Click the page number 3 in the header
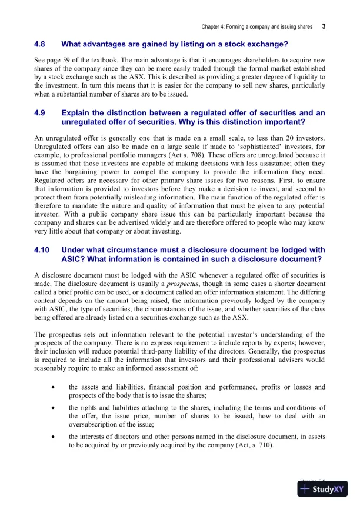click(x=324, y=27)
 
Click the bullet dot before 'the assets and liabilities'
click(x=54, y=387)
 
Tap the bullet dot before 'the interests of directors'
click(x=54, y=437)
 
